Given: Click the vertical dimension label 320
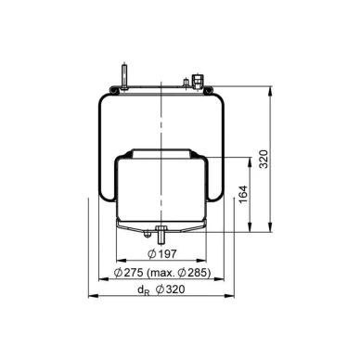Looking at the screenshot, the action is [264, 159].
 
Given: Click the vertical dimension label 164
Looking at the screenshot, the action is [244, 194].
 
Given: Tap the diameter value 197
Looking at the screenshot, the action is [167, 254].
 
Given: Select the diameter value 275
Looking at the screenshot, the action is [134, 273].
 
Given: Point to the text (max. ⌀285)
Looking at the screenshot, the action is [178, 273].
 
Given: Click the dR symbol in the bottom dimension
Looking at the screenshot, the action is [144, 290].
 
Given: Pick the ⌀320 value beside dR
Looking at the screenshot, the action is [171, 289].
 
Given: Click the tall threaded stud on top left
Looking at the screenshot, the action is [124, 77].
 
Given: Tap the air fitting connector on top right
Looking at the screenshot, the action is [197, 81].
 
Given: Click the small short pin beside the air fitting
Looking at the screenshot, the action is [186, 83].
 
